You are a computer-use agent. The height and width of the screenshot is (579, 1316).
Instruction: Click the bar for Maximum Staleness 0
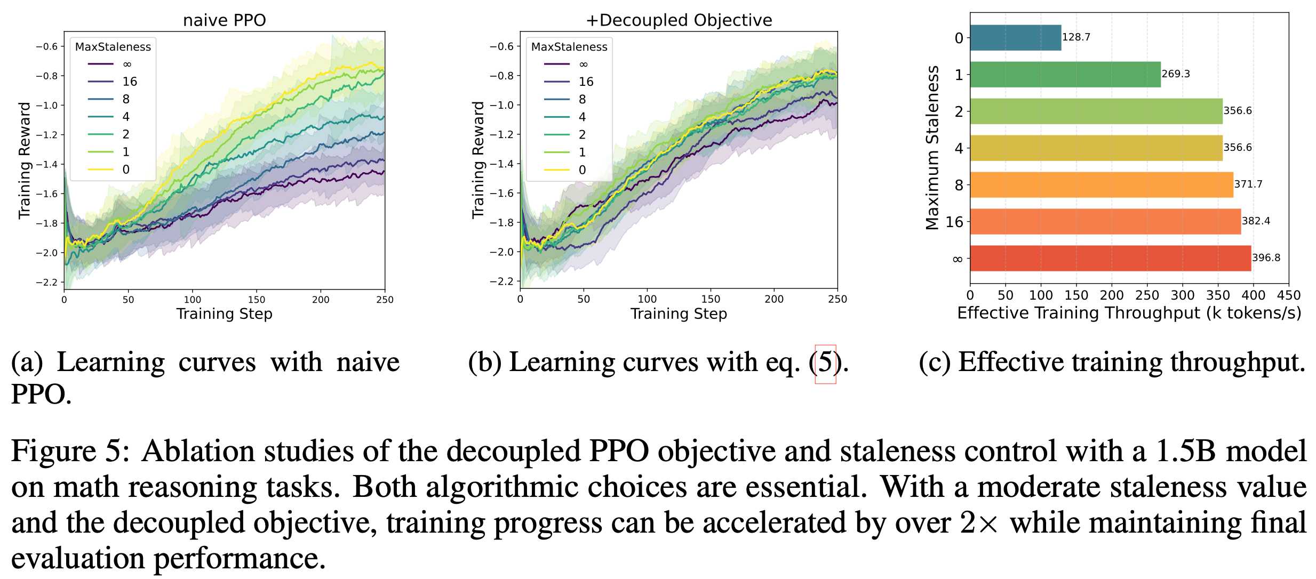tap(1015, 38)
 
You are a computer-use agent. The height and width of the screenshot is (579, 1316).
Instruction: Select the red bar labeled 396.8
tap(1110, 258)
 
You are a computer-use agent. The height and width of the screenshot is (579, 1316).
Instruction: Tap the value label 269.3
tap(1176, 74)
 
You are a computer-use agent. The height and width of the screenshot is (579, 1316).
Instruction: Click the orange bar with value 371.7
tap(1101, 184)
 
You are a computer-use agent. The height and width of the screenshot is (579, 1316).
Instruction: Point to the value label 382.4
tap(1256, 221)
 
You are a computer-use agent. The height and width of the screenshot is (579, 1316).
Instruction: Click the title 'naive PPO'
tap(224, 20)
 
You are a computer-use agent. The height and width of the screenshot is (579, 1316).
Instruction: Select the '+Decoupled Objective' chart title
tap(679, 20)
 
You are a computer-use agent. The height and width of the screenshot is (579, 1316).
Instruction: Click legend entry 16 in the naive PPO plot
tap(130, 82)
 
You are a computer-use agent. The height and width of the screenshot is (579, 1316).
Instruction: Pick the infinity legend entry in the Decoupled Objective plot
tap(583, 65)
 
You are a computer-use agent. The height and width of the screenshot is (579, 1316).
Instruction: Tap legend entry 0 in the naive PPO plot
tap(126, 170)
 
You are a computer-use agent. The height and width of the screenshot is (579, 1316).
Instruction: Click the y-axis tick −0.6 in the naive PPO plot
tap(47, 47)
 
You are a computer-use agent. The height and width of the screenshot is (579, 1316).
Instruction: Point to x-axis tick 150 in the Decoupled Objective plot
tap(711, 300)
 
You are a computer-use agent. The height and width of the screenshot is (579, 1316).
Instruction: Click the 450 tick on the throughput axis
tap(1289, 295)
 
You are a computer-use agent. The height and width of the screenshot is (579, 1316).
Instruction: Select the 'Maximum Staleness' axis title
tap(932, 148)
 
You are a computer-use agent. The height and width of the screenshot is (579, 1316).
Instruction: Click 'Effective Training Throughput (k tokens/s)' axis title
tap(1129, 313)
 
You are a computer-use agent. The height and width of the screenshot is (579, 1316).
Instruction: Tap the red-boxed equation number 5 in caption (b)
tap(825, 363)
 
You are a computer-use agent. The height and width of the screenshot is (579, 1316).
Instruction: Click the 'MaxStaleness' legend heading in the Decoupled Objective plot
tap(569, 47)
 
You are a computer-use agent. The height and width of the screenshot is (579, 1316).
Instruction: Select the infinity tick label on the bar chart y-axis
tap(958, 260)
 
